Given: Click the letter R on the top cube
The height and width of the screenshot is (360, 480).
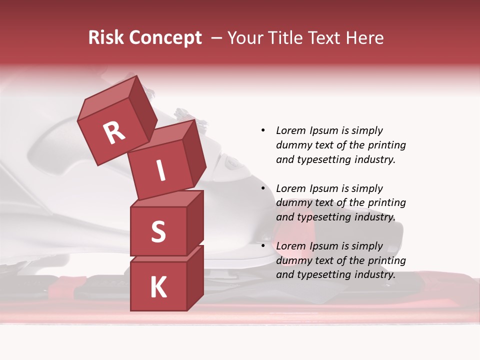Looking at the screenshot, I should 114,132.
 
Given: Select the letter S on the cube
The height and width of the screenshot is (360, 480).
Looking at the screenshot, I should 158,231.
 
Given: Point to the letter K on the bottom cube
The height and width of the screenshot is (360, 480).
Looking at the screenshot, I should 158,287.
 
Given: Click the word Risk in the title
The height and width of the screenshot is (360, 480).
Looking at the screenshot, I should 106,37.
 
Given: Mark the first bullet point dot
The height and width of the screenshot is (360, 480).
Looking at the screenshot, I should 263,130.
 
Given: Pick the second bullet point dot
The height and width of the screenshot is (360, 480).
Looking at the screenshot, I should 263,188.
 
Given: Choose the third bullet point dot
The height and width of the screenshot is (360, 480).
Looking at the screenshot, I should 263,246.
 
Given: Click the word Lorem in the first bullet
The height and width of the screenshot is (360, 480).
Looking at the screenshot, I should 290,130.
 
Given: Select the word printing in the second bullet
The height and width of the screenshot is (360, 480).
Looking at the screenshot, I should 386,202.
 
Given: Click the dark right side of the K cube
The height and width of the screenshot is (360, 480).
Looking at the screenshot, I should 195,277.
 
